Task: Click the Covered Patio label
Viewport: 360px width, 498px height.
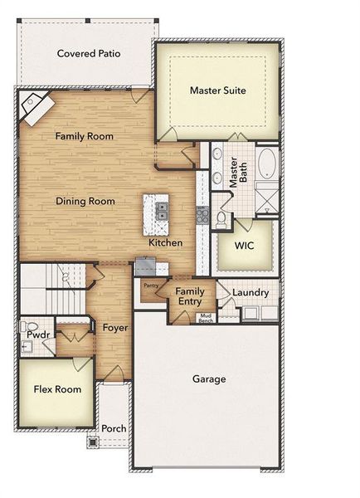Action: pos(89,54)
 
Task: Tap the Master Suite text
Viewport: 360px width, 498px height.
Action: pos(217,90)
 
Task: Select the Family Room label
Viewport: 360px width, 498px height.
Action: pos(84,135)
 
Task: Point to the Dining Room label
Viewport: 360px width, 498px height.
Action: pos(85,201)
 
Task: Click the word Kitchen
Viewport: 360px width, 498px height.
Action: pos(166,243)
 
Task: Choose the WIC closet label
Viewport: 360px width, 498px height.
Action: pos(244,245)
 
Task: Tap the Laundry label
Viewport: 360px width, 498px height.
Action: pos(250,293)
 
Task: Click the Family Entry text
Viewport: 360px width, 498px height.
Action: pos(190,296)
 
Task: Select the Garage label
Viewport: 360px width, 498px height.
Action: pos(209,379)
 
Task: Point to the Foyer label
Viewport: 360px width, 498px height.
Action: pos(114,328)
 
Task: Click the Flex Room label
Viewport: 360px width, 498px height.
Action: pos(57,389)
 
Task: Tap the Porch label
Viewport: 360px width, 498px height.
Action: pos(114,428)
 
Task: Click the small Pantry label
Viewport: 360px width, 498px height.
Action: pos(150,286)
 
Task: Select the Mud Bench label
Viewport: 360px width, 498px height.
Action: pos(206,318)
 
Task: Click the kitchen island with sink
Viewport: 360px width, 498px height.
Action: pos(155,212)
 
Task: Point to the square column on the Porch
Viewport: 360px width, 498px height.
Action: pos(93,442)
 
